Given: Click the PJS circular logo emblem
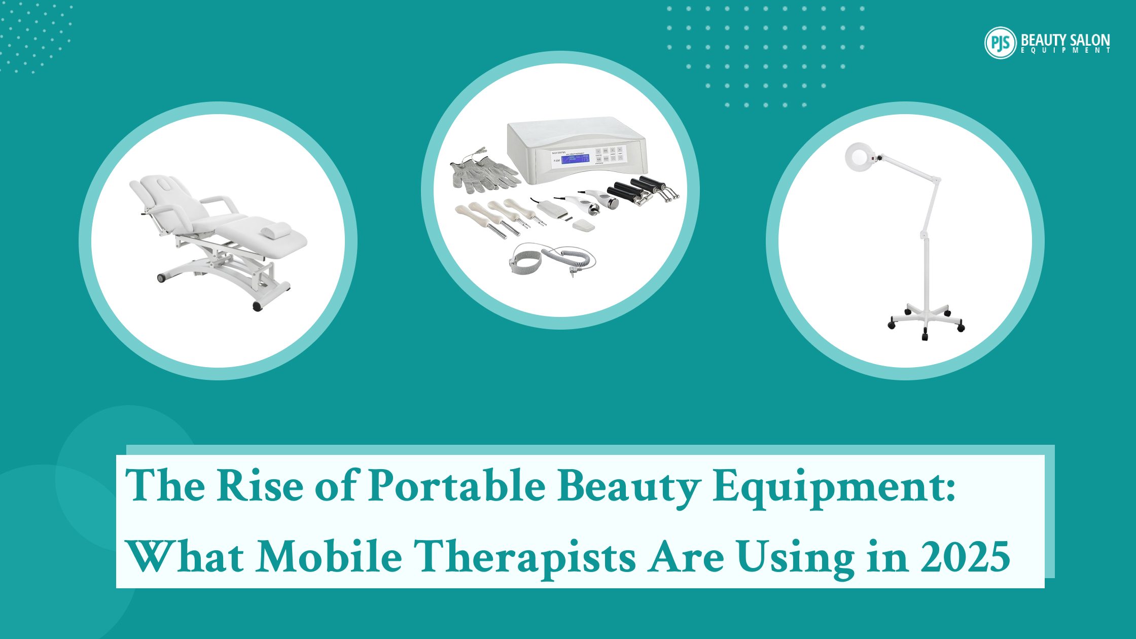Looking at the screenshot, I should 1000,43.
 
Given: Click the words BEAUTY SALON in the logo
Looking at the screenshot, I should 1065,40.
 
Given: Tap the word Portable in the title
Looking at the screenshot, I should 456,486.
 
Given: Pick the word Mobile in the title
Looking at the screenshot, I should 329,557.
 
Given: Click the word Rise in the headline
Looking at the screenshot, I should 260,486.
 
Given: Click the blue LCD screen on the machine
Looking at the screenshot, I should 575,159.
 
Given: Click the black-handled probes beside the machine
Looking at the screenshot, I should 642,191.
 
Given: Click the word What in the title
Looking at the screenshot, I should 185,557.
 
